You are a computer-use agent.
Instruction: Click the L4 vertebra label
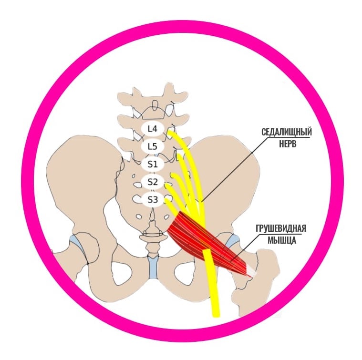point(153,129)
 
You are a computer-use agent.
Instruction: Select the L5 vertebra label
point(153,146)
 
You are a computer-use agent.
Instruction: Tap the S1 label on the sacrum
point(153,165)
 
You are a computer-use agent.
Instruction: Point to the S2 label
point(153,182)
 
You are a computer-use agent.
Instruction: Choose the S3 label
point(153,200)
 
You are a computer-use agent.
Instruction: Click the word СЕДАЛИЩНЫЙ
point(287,133)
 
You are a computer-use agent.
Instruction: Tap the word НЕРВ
point(288,144)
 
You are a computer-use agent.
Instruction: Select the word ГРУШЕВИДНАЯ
point(281,228)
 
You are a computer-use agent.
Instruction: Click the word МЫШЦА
point(282,240)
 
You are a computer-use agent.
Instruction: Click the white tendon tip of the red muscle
point(252,272)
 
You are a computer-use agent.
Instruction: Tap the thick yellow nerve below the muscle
point(212,284)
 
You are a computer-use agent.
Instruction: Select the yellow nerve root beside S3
point(172,206)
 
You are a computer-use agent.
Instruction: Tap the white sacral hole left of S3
point(137,198)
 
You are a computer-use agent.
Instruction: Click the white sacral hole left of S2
point(138,185)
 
